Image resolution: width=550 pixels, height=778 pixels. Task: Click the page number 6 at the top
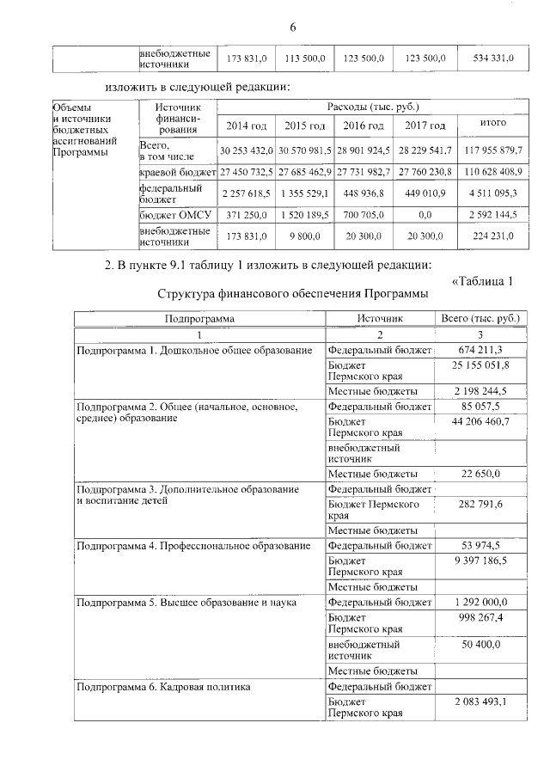coord(292,27)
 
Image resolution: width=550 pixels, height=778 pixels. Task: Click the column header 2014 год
coord(247,126)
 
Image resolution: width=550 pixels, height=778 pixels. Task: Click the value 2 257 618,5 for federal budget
coord(247,193)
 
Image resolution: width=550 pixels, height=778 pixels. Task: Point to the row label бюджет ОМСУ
coord(173,214)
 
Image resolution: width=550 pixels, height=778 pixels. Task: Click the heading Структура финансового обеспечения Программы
coord(292,294)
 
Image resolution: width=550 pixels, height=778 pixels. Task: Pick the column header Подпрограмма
coord(199,318)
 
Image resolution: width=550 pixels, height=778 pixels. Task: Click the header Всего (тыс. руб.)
coord(480,318)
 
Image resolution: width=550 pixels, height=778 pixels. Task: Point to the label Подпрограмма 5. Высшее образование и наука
coord(186,603)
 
